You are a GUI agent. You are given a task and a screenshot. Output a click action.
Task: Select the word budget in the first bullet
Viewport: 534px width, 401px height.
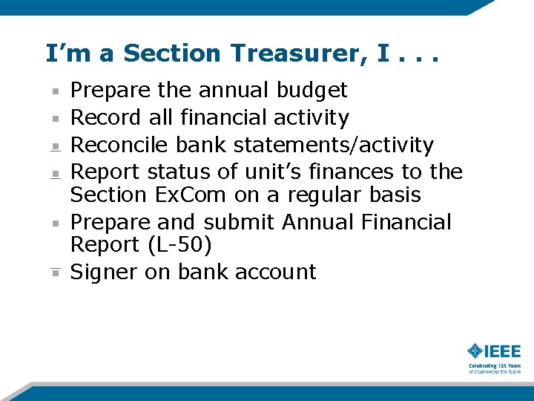311,91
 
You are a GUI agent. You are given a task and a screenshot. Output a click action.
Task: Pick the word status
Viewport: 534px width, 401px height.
179,172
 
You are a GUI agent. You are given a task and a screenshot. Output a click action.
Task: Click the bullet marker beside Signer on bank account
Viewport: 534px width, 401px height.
56,273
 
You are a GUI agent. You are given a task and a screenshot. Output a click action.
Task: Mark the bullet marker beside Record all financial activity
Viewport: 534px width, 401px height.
56,118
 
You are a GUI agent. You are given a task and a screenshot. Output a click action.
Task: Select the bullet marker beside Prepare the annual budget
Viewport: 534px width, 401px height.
56,91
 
